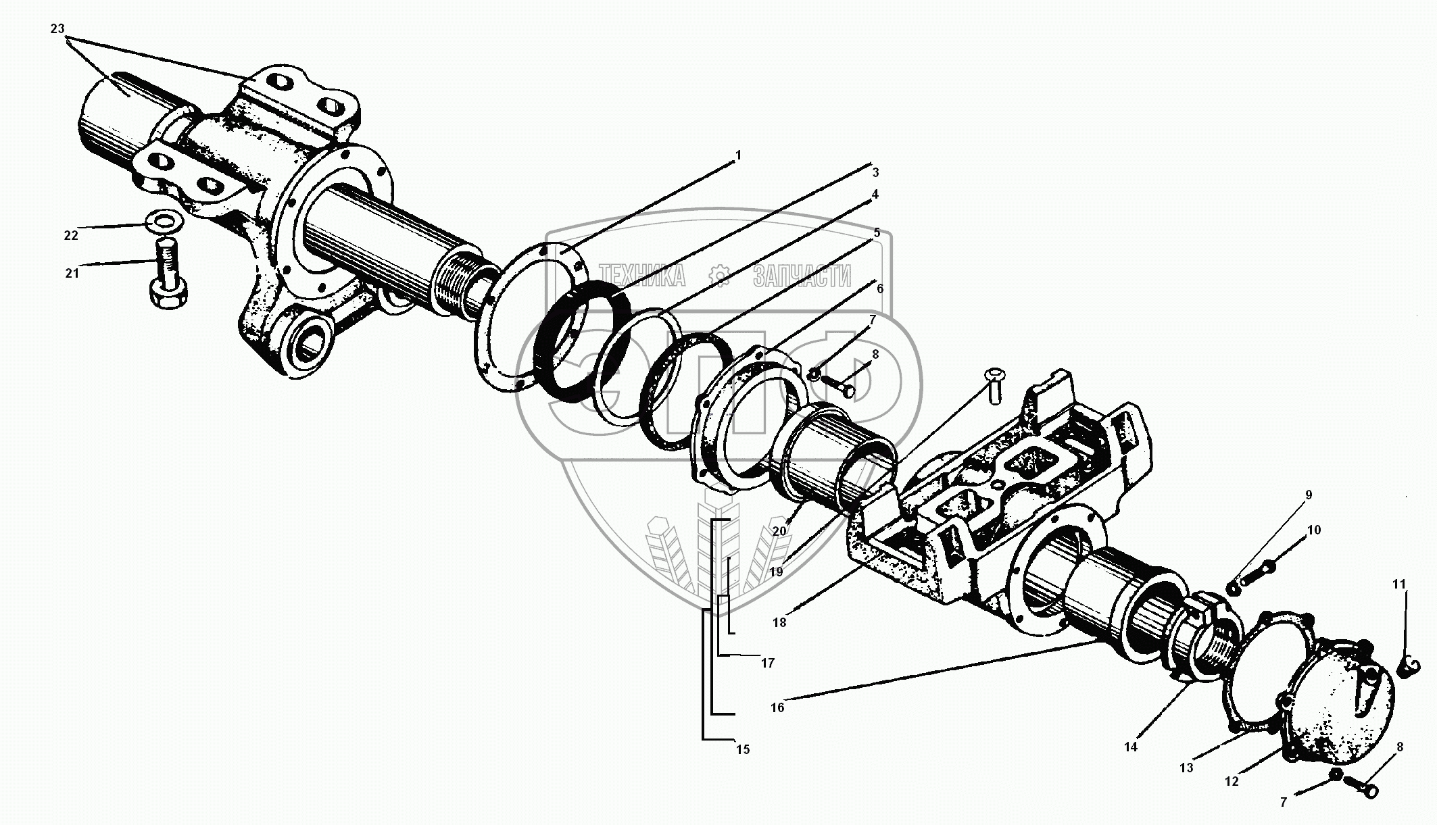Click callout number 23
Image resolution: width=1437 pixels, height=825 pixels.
click(x=57, y=29)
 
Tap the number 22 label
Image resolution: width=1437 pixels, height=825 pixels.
click(x=71, y=235)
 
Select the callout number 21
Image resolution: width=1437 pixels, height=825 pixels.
click(x=72, y=273)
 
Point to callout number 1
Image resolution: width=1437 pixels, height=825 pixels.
click(x=738, y=155)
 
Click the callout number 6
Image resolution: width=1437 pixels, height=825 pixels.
click(x=879, y=289)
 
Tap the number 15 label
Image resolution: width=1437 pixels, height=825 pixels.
click(x=743, y=749)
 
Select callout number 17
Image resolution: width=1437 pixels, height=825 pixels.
click(x=767, y=663)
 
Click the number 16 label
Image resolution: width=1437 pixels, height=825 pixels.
click(x=777, y=707)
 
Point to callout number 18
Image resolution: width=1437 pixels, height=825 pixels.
click(x=779, y=622)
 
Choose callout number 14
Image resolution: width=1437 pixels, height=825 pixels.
click(x=1131, y=747)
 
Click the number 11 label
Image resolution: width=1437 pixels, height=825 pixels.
click(x=1399, y=584)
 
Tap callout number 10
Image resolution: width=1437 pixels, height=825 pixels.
click(x=1313, y=530)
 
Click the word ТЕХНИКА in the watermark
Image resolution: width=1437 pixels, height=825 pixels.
click(x=642, y=276)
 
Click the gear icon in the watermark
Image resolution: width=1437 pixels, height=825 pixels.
click(x=718, y=275)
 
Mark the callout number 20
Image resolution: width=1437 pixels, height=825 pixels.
click(x=779, y=531)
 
